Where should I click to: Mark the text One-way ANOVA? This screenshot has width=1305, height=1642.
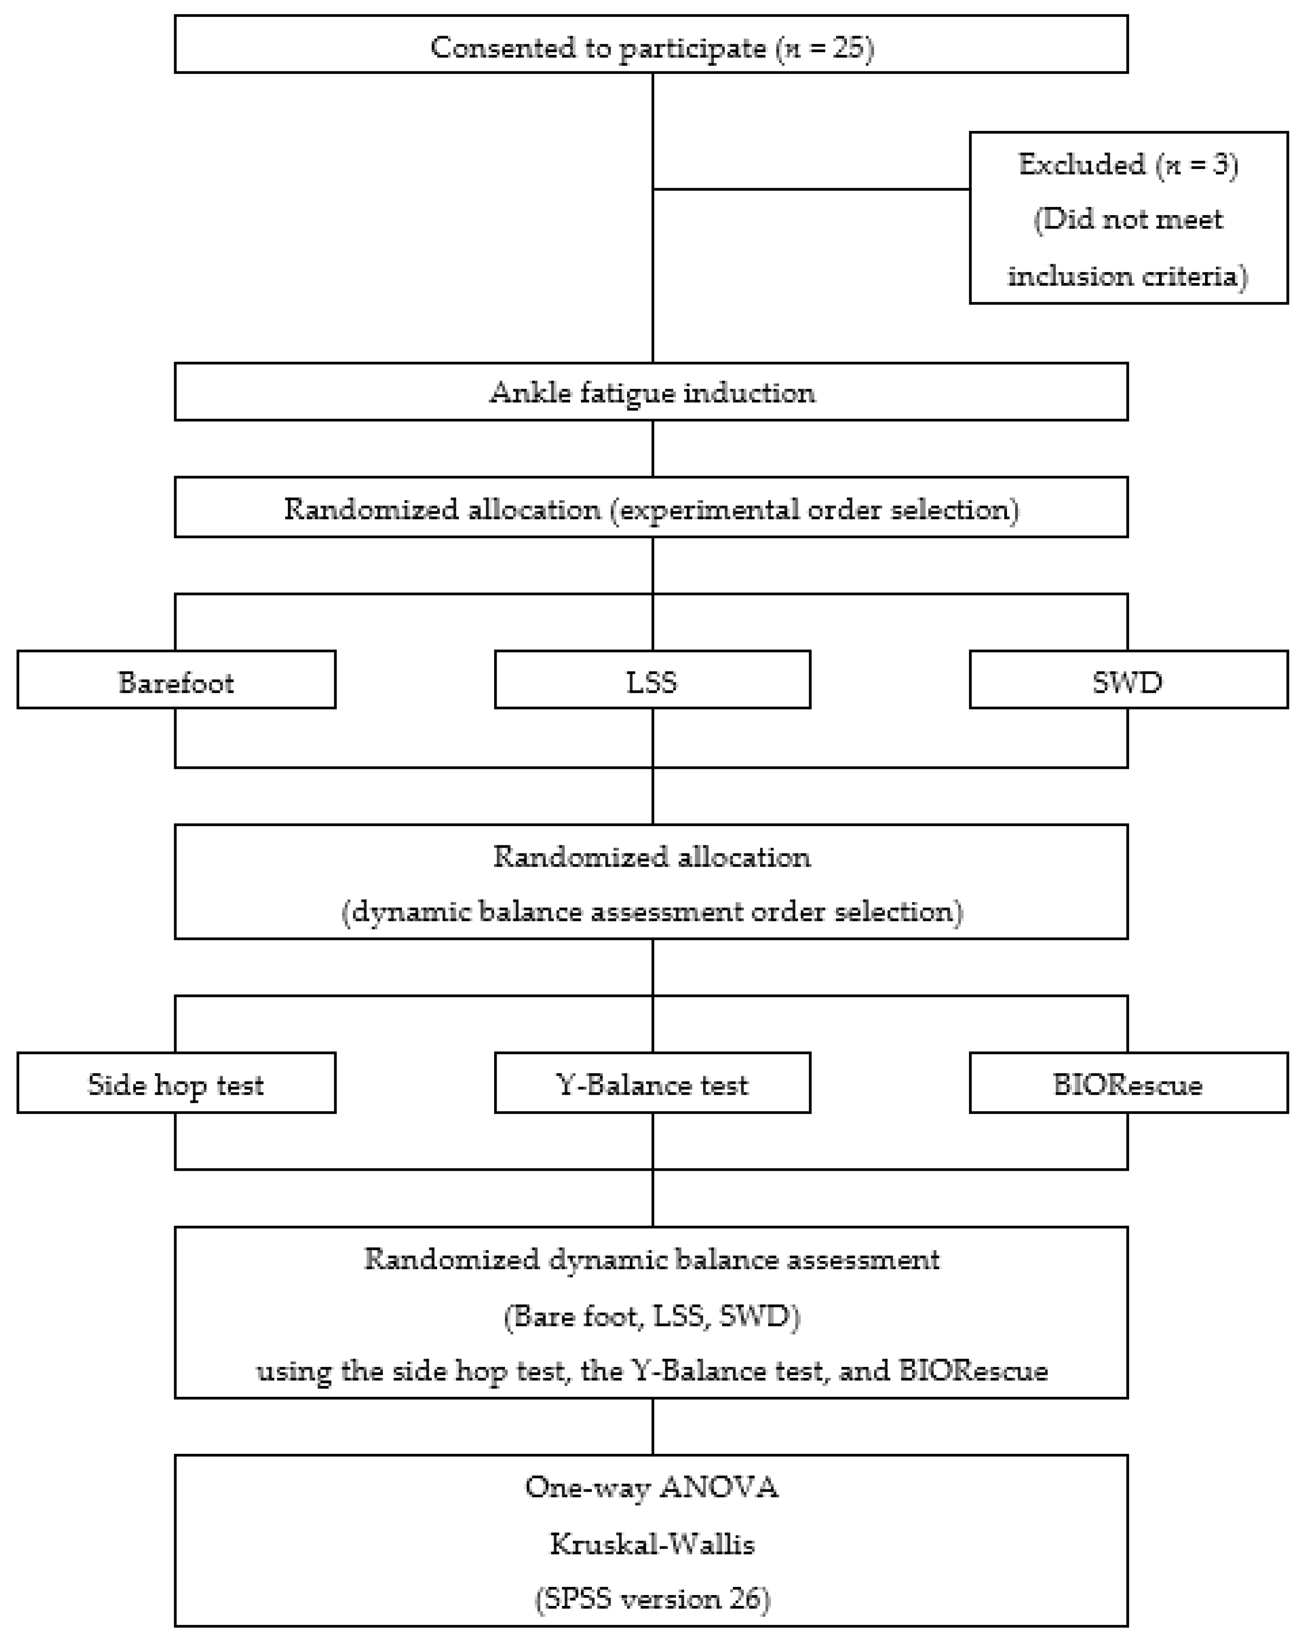(x=652, y=1487)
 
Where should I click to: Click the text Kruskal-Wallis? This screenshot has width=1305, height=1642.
(x=652, y=1544)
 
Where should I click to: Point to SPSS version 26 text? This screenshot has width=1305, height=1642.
(x=652, y=1598)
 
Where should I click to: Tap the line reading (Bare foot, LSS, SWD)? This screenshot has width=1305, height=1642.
(x=652, y=1315)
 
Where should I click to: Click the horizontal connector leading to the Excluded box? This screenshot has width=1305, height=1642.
(x=811, y=189)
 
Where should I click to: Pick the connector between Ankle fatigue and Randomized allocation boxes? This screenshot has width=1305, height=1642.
(x=653, y=449)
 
